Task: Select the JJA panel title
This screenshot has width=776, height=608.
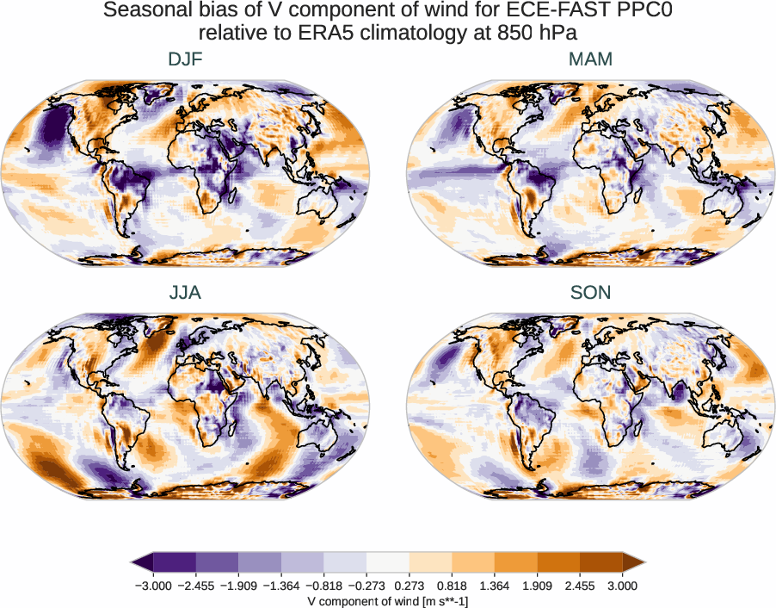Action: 185,293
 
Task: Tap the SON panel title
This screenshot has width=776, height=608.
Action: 590,293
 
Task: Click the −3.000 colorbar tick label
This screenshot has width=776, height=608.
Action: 155,586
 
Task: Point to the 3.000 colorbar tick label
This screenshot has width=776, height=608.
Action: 622,586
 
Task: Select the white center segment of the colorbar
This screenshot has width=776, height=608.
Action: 388,562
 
